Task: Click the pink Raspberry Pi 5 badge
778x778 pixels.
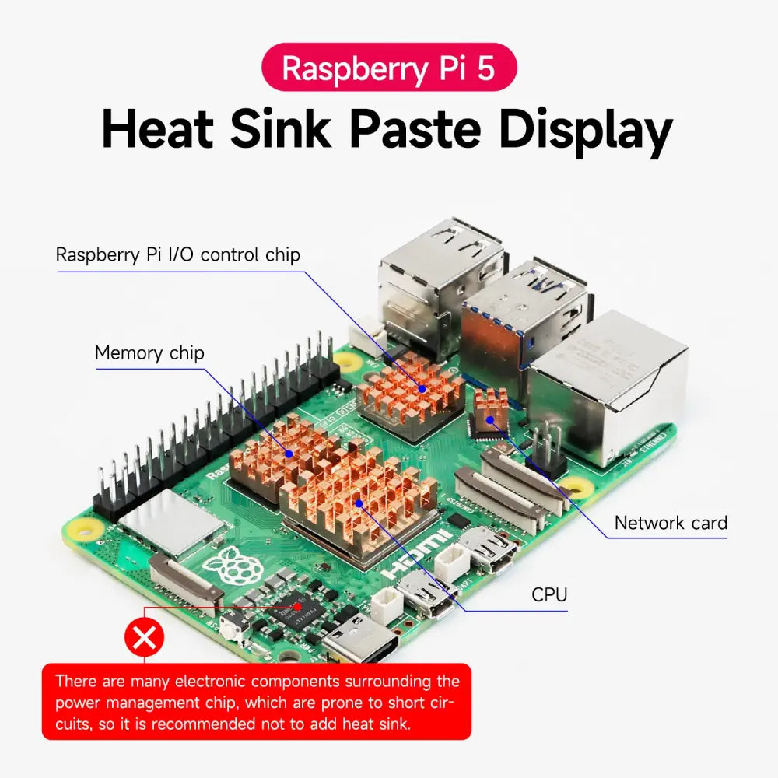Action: (389, 68)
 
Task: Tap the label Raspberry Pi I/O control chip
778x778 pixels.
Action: (177, 254)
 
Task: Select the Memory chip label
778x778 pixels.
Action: (149, 352)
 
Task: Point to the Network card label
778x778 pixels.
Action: (671, 523)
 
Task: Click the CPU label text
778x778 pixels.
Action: (549, 594)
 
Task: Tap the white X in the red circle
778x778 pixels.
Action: (145, 638)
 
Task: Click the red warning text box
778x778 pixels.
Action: (257, 702)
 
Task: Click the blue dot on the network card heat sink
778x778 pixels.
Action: (490, 420)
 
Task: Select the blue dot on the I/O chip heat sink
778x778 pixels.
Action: (422, 389)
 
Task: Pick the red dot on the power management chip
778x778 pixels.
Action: (298, 606)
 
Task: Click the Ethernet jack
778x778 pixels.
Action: (607, 388)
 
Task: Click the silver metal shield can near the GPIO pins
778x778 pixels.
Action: (172, 521)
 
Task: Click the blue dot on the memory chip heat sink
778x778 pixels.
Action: (289, 454)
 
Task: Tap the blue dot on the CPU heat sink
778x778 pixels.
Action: (359, 503)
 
